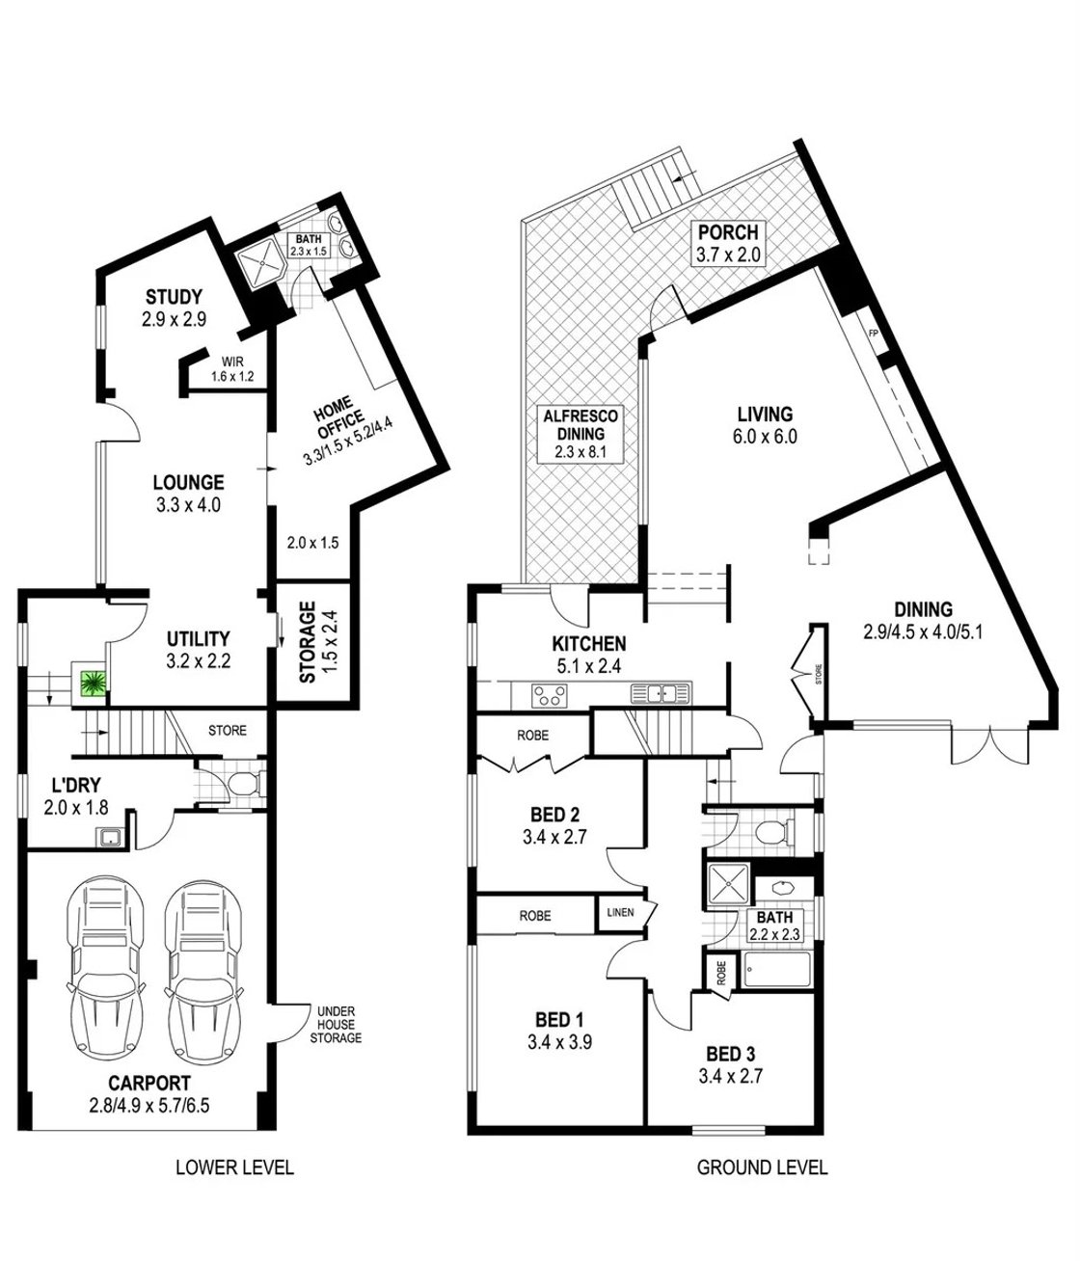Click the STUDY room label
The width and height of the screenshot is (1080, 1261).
coord(174,296)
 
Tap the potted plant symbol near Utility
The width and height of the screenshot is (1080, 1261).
coord(93,684)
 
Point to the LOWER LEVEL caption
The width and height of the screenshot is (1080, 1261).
coord(234,1167)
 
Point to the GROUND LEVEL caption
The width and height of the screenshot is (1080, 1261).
coord(761,1167)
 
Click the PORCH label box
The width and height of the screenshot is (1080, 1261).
coord(729,243)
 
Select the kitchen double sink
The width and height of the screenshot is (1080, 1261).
coord(658,692)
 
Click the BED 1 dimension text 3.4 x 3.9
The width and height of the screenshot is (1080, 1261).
coord(559,1041)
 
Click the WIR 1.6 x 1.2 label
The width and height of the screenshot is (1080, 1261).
coord(231,370)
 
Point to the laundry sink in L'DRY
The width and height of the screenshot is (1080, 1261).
coord(111,836)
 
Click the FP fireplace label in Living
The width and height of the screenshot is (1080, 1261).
coord(875,334)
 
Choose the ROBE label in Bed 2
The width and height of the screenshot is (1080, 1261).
coord(532,735)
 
